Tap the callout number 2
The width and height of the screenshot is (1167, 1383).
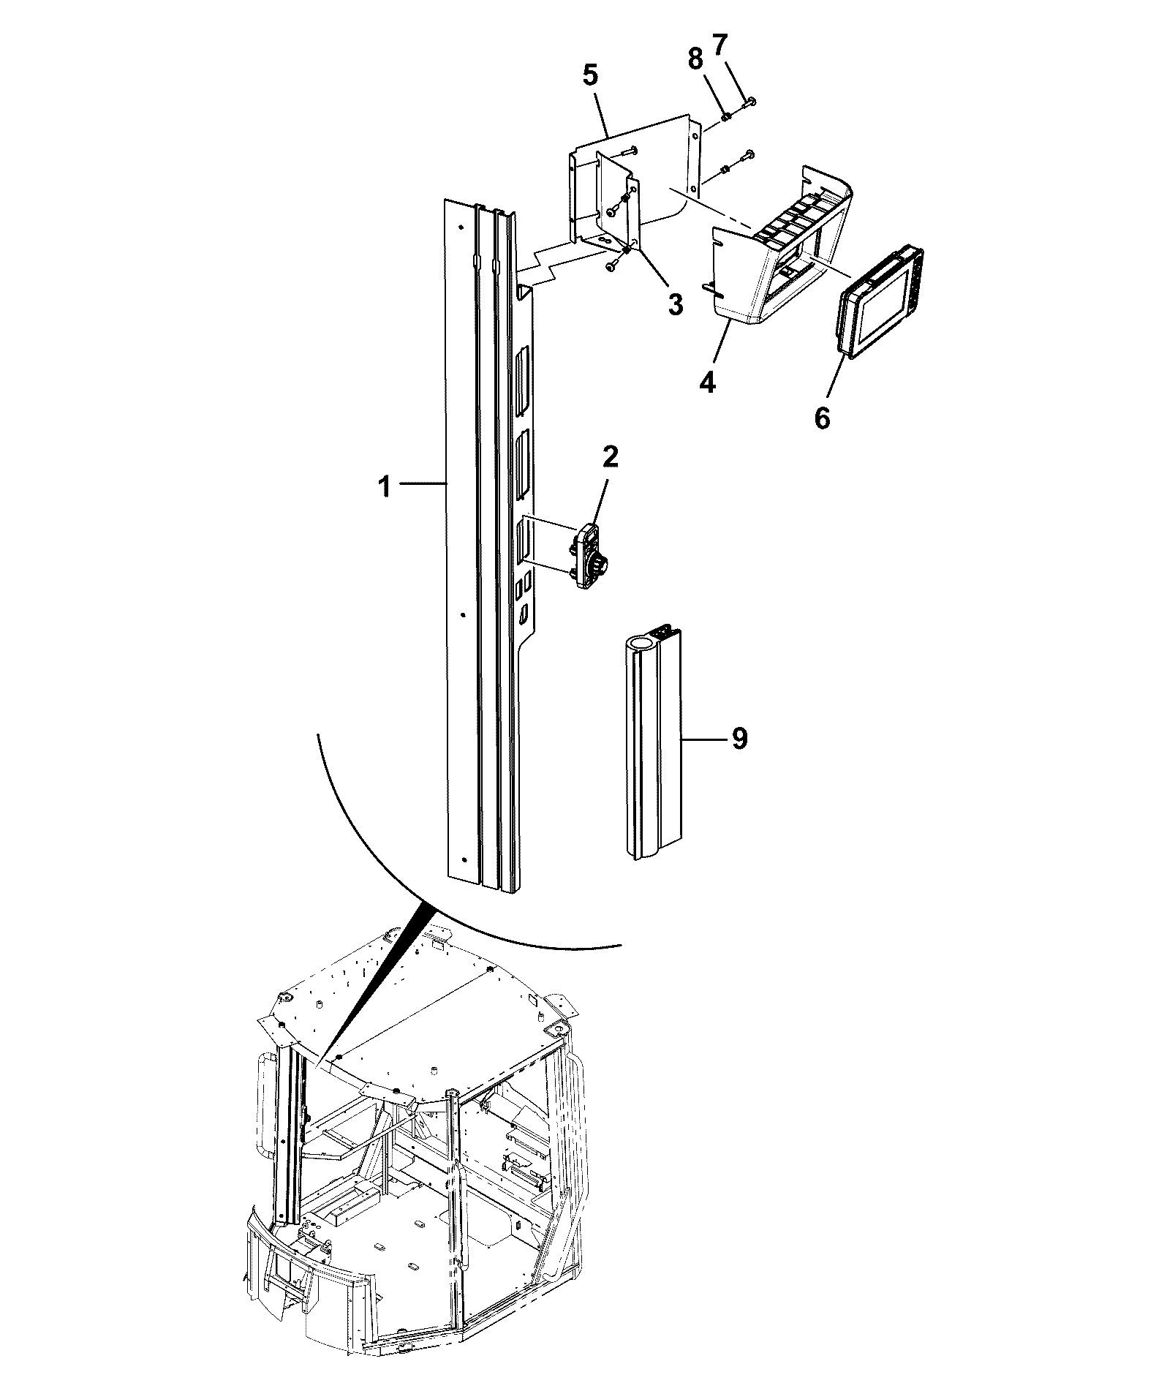click(611, 457)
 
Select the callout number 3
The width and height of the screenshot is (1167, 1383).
click(675, 304)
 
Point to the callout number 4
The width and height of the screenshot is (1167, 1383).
click(707, 382)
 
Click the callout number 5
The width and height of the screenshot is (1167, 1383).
click(590, 76)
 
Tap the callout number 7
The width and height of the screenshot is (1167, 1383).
click(720, 46)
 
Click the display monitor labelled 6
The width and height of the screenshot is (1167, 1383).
click(880, 302)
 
